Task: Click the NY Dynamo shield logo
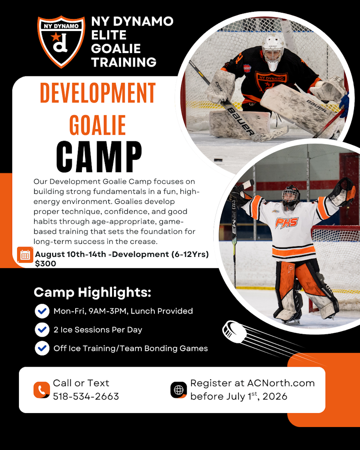tap(61, 41)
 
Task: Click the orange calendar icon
tap(25, 255)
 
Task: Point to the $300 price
tap(45, 264)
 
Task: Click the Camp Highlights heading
tap(92, 292)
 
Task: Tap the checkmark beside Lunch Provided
tap(42, 311)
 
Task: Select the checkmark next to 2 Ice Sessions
tap(42, 329)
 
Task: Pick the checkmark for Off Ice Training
tap(42, 348)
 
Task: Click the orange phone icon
tap(41, 390)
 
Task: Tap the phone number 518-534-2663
tap(86, 396)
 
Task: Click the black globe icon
tap(179, 390)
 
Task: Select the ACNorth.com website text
tap(281, 383)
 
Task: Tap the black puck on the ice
tap(218, 159)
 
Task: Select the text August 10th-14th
tap(70, 255)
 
